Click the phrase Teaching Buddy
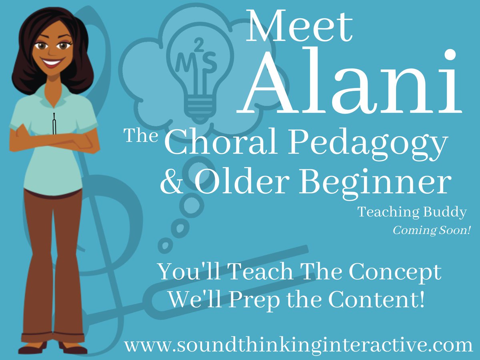coord(412,212)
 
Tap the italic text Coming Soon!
coord(431,231)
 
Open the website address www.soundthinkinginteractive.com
coord(298,345)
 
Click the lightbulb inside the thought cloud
coord(196,76)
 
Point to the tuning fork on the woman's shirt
coord(54,124)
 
